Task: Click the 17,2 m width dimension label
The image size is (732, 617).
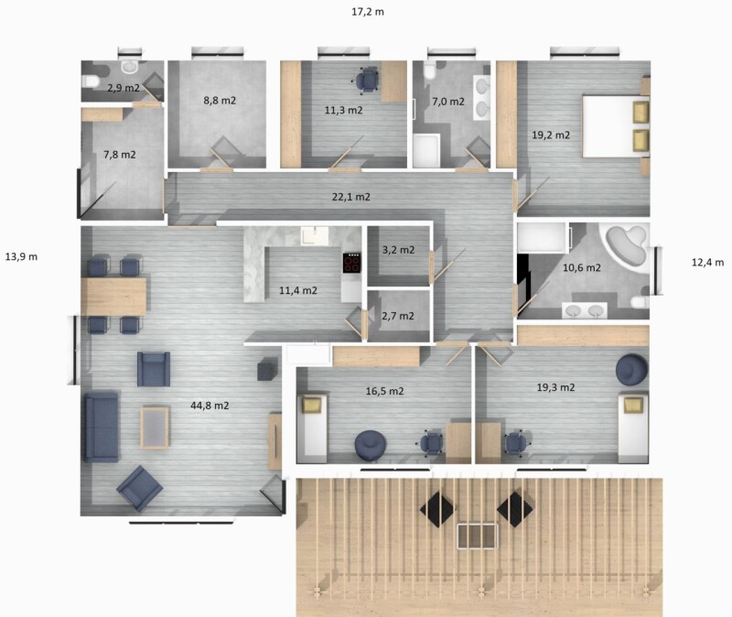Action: coord(368,12)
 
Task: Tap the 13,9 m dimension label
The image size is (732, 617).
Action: coord(21,256)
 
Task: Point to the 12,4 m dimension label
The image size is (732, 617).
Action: coord(707,262)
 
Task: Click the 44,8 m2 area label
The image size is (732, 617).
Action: coord(210,406)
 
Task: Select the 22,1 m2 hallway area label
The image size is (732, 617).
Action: coord(351,197)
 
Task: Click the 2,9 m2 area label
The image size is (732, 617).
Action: coord(124,88)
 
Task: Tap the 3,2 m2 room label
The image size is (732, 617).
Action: coord(398,250)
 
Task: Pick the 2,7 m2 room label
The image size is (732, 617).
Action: coord(398,316)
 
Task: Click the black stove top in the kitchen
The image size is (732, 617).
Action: coord(351,263)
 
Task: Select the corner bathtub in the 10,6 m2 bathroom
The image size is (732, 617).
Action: coord(626,245)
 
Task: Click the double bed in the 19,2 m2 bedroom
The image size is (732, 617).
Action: coord(615,126)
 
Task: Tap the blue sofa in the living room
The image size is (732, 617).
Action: coord(101,427)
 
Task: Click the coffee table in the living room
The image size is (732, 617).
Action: coord(155,428)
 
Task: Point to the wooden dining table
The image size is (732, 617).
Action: coord(113,296)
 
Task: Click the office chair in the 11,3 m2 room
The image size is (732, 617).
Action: coord(365,80)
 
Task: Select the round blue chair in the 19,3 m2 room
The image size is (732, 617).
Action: coord(631,370)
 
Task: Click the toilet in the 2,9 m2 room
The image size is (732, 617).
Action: coord(90,82)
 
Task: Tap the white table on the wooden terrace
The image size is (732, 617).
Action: coord(477,536)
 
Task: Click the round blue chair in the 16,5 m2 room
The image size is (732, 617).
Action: coord(371,446)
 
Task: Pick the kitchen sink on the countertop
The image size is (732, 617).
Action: coord(315,235)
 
